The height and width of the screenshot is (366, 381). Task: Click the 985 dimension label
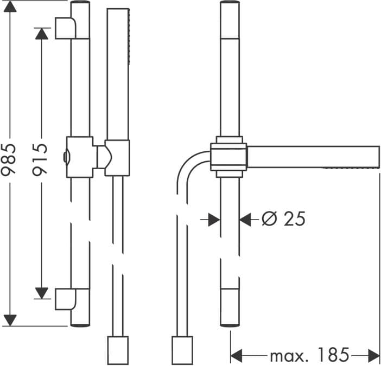tap(8, 160)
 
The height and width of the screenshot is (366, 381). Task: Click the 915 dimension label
tap(40, 160)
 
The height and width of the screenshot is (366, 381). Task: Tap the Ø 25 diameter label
tap(283, 219)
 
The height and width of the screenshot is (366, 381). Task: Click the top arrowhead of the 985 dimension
tap(10, 7)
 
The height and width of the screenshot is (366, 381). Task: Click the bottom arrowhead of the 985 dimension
tap(10, 320)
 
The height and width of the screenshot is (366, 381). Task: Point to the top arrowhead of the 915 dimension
tap(42, 34)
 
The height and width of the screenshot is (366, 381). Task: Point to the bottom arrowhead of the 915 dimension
tap(42, 293)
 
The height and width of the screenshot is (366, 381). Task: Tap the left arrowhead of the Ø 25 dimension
tap(214, 220)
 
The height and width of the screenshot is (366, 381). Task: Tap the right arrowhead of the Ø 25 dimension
tap(245, 220)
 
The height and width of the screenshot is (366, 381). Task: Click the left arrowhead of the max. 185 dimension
tap(237, 356)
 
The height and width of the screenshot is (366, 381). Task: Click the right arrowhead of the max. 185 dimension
tap(374, 356)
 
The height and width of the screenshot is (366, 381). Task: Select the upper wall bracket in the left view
tap(66, 28)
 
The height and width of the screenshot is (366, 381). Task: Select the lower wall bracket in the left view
tap(66, 299)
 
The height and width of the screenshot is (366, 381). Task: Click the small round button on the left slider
tap(66, 157)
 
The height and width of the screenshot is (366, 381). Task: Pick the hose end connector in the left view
tap(118, 350)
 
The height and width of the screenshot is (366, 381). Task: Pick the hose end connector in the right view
tap(182, 350)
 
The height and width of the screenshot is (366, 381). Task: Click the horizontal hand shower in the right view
tap(313, 157)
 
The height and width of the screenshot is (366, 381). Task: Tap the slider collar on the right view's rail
tap(228, 157)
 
